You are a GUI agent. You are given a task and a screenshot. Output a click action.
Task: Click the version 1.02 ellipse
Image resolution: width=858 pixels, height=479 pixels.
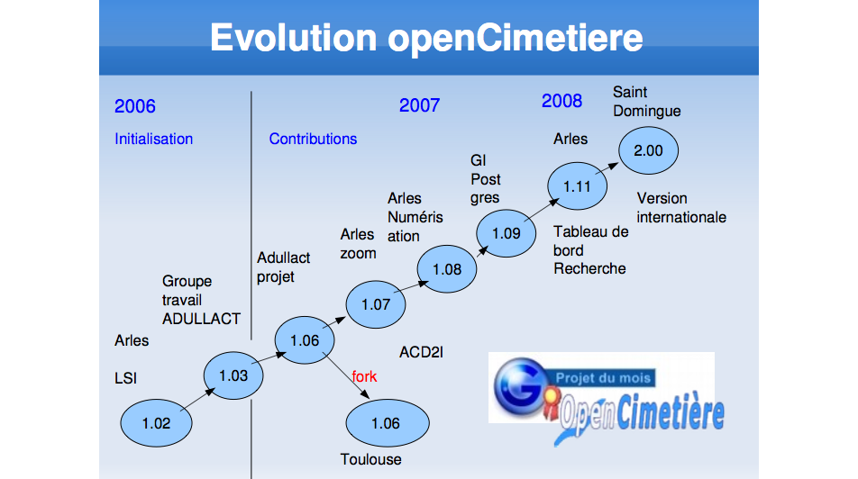pyautogui.click(x=156, y=423)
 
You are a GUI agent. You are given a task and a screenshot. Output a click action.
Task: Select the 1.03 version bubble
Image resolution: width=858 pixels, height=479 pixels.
pyautogui.click(x=233, y=375)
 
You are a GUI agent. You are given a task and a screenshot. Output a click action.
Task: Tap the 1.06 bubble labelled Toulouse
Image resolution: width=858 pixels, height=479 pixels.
pyautogui.click(x=388, y=423)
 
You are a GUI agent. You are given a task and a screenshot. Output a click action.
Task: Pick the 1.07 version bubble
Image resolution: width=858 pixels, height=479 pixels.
pyautogui.click(x=375, y=304)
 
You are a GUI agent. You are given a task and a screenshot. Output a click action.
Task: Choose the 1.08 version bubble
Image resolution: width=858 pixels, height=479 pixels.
pyautogui.click(x=446, y=269)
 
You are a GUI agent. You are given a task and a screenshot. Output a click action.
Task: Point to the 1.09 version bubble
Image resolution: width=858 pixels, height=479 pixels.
pyautogui.click(x=507, y=233)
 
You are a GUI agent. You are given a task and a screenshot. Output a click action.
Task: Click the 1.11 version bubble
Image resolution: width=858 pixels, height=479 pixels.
pyautogui.click(x=578, y=186)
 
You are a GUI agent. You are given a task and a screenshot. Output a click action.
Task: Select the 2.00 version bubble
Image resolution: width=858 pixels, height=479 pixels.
pyautogui.click(x=648, y=150)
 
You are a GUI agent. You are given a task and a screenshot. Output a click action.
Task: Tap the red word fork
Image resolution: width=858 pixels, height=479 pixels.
pyautogui.click(x=364, y=376)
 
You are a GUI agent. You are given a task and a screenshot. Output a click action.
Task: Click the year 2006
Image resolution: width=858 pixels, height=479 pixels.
pyautogui.click(x=135, y=106)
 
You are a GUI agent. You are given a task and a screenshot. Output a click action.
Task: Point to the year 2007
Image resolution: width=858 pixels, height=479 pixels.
pyautogui.click(x=420, y=105)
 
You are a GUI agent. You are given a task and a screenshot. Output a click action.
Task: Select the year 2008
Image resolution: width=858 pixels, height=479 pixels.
pyautogui.click(x=562, y=101)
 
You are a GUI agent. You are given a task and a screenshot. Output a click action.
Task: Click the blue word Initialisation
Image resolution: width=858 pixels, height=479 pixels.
pyautogui.click(x=154, y=139)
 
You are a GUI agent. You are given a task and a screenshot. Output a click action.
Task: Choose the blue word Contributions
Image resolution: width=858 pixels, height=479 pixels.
pyautogui.click(x=313, y=139)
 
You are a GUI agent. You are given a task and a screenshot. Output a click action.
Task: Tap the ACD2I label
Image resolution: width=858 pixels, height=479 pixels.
pyautogui.click(x=422, y=352)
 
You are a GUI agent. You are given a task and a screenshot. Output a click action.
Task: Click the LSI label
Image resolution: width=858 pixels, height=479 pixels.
pyautogui.click(x=126, y=378)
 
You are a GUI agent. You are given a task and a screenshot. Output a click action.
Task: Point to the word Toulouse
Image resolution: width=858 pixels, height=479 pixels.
pyautogui.click(x=371, y=459)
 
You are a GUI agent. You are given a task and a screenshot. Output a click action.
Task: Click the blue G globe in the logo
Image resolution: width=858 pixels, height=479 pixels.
pyautogui.click(x=519, y=386)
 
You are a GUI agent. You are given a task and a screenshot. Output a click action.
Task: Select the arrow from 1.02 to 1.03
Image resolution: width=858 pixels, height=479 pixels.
pyautogui.click(x=197, y=399)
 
